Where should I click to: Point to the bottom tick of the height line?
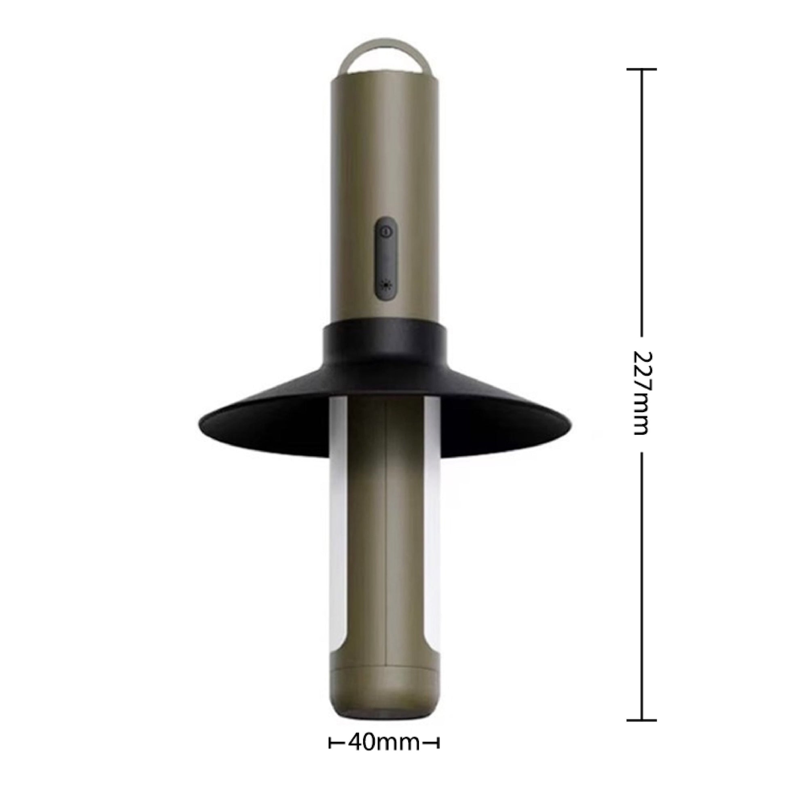click(641, 709)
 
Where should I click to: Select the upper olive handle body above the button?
click(385, 143)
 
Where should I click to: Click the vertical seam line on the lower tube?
click(385, 529)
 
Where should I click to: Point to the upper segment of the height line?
click(641, 204)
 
